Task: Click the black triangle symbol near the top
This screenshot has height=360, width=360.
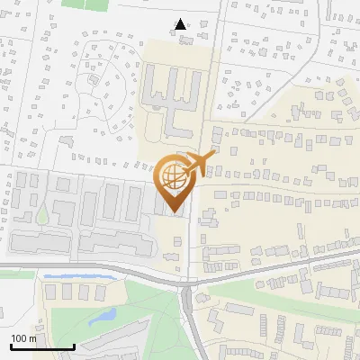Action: point(181,24)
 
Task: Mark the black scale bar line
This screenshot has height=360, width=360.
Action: point(41,347)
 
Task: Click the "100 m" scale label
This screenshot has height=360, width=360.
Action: point(23,338)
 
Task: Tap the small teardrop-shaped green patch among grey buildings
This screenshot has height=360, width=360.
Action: point(42,215)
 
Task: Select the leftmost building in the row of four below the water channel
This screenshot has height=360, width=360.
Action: point(50,292)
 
